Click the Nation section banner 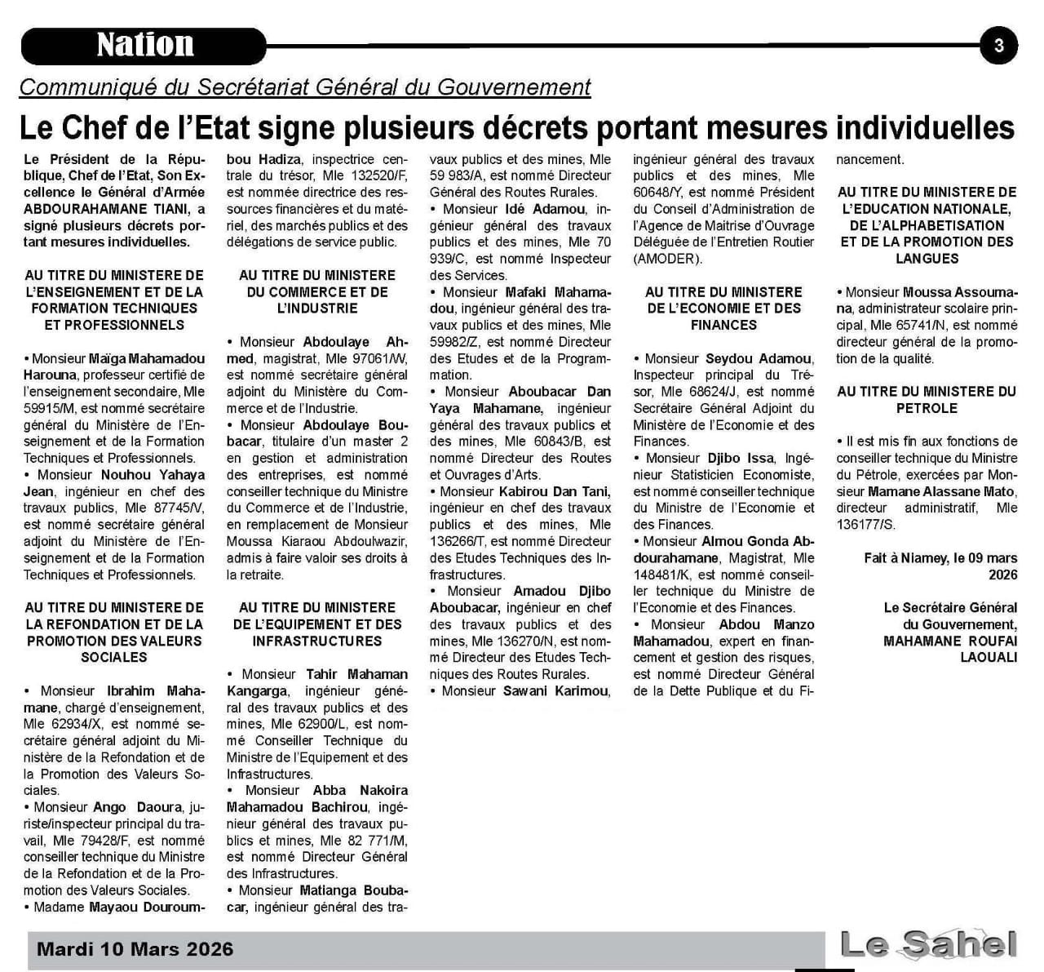pyautogui.click(x=144, y=46)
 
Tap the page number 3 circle pyautogui.click(x=998, y=46)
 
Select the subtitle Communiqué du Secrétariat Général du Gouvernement pyautogui.click(x=304, y=87)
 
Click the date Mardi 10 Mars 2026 pyautogui.click(x=135, y=949)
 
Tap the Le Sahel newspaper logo pyautogui.click(x=928, y=945)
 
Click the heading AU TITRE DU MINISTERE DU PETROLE pyautogui.click(x=927, y=400)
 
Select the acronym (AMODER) pyautogui.click(x=668, y=259)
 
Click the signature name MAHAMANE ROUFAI pyautogui.click(x=949, y=641)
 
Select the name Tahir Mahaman pyautogui.click(x=356, y=674)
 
